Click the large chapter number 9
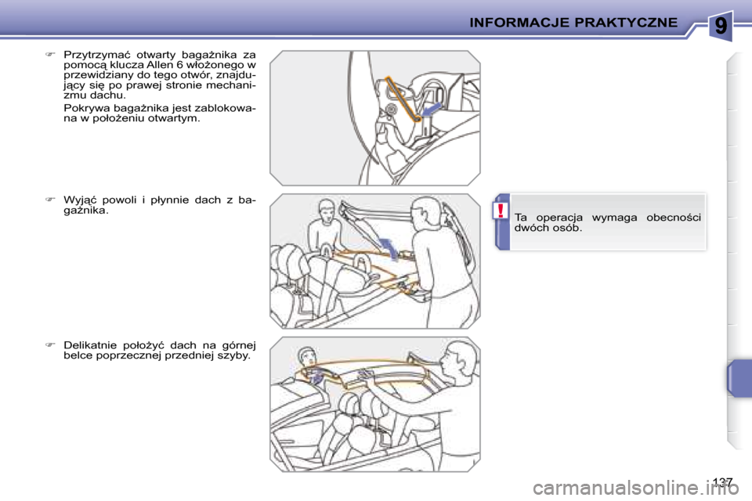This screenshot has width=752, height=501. pos(721,25)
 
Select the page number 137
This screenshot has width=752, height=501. pos(722,482)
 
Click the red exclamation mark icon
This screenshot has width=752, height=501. pos(501,210)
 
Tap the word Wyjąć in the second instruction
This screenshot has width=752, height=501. pos(79,200)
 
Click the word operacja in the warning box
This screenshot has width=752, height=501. pos(559,218)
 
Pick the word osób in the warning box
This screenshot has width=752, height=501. pos(569,228)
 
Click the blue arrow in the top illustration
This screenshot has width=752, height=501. pos(431,110)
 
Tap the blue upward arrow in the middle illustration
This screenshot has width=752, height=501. pos(389,248)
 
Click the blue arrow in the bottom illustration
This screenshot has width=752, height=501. pos(316,376)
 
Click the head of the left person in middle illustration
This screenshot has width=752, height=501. pos(326,210)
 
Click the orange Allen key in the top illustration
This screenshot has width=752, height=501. pos(403,99)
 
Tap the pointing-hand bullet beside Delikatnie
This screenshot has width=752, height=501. pos(50,344)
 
